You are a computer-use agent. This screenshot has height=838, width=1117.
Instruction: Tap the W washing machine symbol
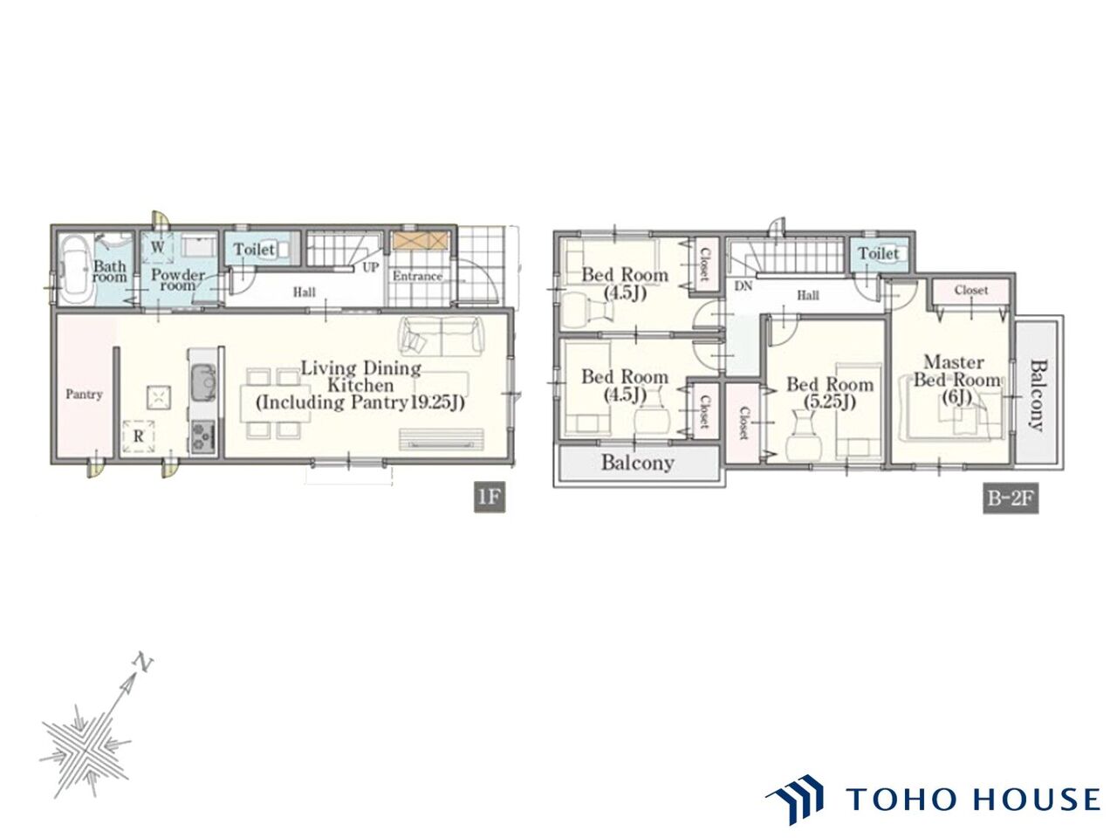click(157, 248)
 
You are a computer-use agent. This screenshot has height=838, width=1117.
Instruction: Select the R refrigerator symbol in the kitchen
click(138, 436)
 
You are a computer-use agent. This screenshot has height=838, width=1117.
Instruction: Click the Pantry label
click(84, 395)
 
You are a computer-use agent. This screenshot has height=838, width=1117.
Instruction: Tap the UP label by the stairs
click(370, 268)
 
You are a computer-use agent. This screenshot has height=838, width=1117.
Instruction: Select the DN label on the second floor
click(743, 286)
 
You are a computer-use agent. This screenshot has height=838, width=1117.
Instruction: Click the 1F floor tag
click(489, 497)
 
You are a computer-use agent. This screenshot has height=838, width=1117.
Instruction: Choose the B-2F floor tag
click(1010, 498)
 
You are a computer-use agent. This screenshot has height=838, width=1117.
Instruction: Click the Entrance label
click(417, 277)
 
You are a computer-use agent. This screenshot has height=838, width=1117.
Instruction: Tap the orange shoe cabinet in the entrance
click(421, 241)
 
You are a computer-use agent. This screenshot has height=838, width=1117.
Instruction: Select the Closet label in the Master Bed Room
click(971, 290)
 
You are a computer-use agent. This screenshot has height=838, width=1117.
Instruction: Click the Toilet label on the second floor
click(879, 253)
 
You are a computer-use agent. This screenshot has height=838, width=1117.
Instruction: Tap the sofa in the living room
click(441, 335)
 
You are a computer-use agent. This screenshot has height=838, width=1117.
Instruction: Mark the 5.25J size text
click(830, 402)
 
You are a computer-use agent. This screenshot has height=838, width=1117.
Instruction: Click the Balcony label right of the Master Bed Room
click(1037, 395)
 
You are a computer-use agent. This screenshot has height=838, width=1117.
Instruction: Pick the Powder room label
click(178, 280)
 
